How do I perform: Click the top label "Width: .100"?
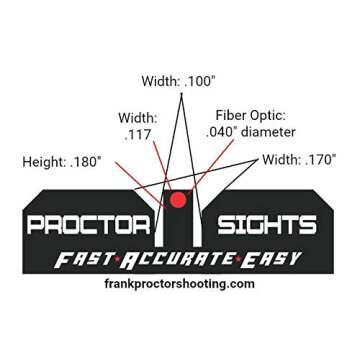[x=179, y=81]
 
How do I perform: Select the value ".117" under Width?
[x=137, y=133]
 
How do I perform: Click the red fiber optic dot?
[x=178, y=199]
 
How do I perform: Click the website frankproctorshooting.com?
[x=180, y=283]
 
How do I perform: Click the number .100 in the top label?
[x=199, y=81]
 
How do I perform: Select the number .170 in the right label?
[x=319, y=159]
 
